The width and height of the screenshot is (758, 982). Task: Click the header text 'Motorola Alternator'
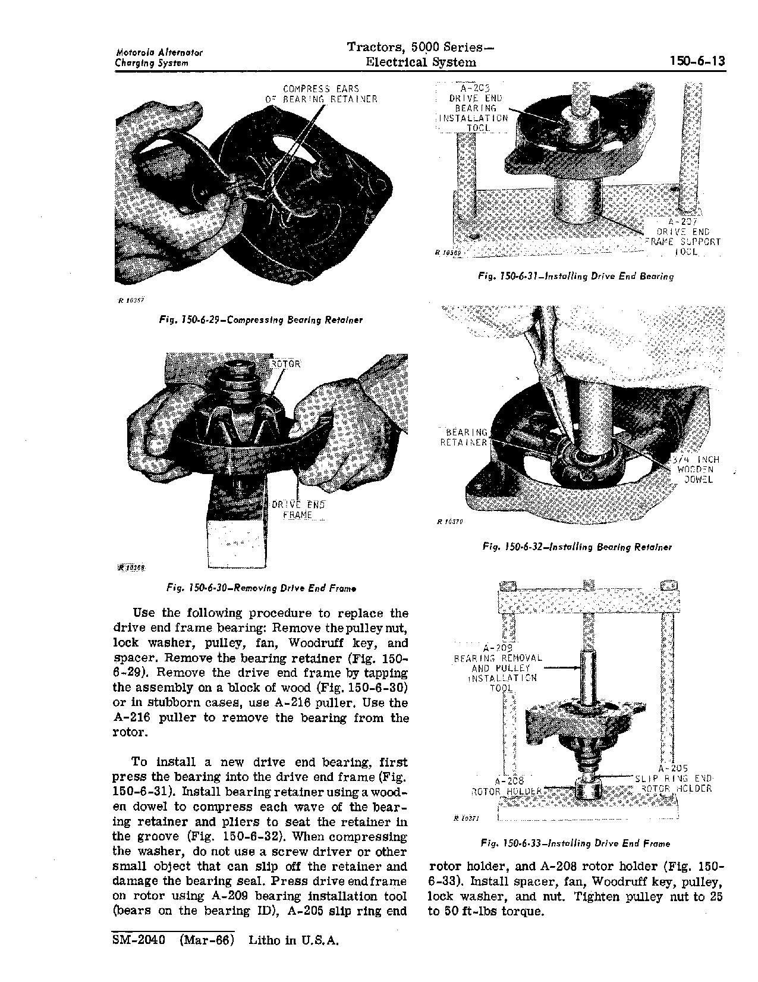pyautogui.click(x=159, y=52)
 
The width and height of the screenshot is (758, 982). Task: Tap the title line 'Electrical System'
pyautogui.click(x=420, y=62)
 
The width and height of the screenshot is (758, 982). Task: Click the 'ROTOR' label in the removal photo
pyautogui.click(x=286, y=364)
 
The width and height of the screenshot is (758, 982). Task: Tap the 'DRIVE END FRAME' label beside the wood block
pyautogui.click(x=298, y=510)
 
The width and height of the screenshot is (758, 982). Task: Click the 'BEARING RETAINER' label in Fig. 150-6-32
pyautogui.click(x=464, y=437)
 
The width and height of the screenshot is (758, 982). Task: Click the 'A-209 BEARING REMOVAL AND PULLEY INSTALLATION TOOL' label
pyautogui.click(x=498, y=668)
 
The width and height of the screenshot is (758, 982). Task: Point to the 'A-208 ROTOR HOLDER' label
pyautogui.click(x=507, y=786)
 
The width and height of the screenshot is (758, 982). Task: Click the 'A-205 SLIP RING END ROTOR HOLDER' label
pyautogui.click(x=673, y=779)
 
